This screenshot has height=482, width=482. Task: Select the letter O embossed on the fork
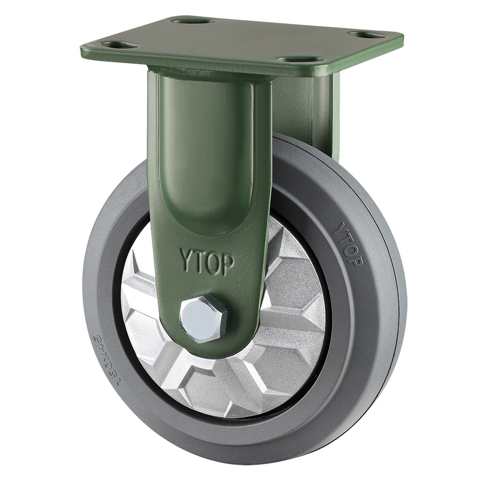pos(214,261)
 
